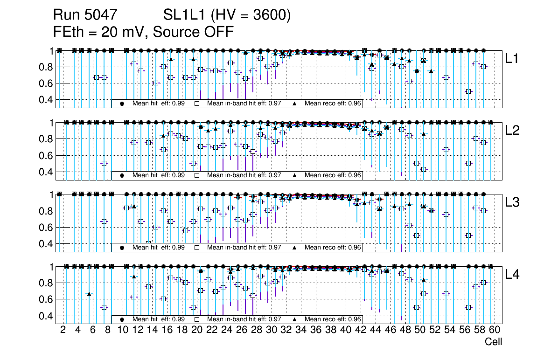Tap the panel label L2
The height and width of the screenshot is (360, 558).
512,131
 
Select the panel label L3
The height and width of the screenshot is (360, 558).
512,202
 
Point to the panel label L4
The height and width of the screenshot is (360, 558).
512,275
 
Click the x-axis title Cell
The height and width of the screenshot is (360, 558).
493,342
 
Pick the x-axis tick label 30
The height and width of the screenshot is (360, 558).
271,331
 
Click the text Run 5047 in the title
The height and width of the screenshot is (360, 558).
84,15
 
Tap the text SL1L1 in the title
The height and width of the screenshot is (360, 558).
185,15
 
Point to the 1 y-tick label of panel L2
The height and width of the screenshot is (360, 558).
52,123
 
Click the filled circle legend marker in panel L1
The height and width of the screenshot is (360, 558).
122,104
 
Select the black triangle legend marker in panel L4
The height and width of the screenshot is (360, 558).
294,319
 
